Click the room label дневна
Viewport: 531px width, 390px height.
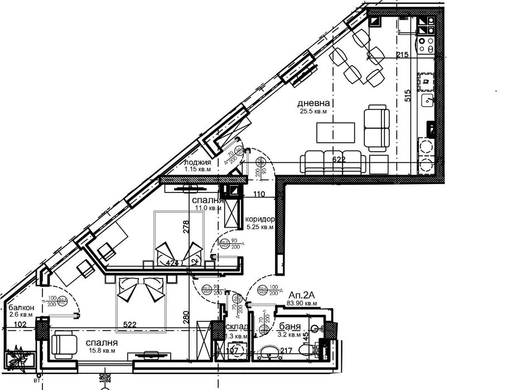click(311, 103)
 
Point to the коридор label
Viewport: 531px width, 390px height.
click(260, 219)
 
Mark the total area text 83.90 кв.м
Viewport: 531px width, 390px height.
click(303, 303)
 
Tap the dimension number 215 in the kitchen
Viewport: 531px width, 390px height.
click(403, 55)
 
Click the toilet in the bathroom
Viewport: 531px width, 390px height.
click(305, 350)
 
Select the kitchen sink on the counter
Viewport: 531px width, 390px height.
click(428, 101)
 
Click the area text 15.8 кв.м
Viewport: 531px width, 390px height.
click(102, 351)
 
